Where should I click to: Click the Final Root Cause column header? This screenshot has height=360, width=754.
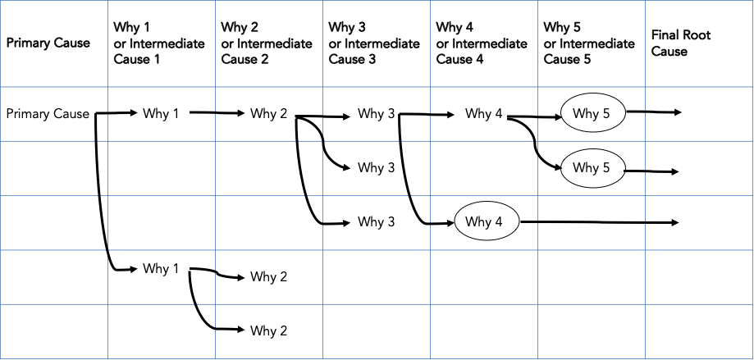click(680, 43)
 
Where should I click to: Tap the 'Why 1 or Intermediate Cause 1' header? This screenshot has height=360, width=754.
click(158, 43)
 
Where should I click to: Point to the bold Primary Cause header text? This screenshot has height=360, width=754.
click(48, 43)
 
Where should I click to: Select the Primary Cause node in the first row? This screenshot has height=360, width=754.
click(48, 114)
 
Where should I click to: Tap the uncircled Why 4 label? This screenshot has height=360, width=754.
click(483, 114)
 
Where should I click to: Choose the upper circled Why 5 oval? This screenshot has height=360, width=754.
click(592, 114)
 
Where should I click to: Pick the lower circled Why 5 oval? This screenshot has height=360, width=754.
click(592, 168)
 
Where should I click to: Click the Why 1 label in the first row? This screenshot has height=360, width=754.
click(161, 114)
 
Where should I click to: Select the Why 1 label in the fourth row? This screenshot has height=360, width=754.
click(161, 268)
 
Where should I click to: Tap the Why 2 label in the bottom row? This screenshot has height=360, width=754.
click(268, 331)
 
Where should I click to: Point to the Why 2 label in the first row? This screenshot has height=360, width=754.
click(268, 114)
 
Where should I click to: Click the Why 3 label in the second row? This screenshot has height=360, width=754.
click(376, 168)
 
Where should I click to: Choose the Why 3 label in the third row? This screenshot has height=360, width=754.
click(376, 222)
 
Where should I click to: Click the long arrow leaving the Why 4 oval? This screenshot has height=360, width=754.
click(599, 222)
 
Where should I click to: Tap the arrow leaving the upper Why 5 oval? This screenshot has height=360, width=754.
click(653, 112)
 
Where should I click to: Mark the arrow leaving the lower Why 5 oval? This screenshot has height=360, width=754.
click(653, 171)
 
